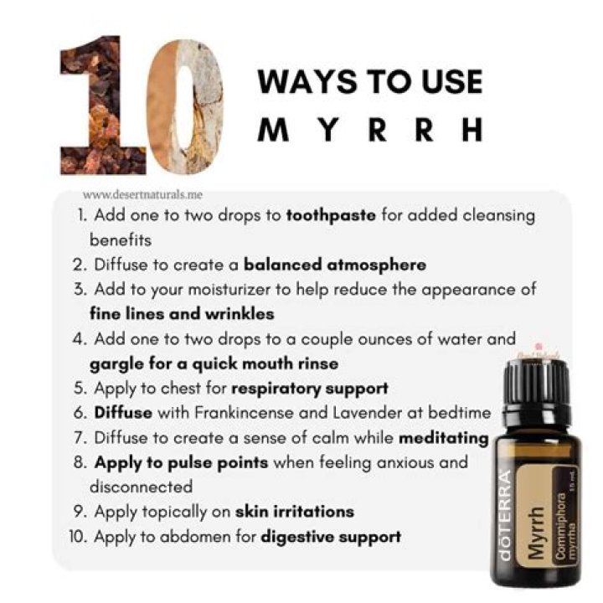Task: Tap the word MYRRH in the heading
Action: coord(369,129)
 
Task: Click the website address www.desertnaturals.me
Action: coord(142,193)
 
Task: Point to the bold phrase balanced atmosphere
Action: coord(334,265)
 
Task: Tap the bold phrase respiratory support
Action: coord(309,389)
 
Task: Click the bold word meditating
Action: coord(443,437)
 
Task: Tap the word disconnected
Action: coord(141,486)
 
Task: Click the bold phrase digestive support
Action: coord(330,536)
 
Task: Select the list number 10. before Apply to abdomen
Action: coord(80,536)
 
